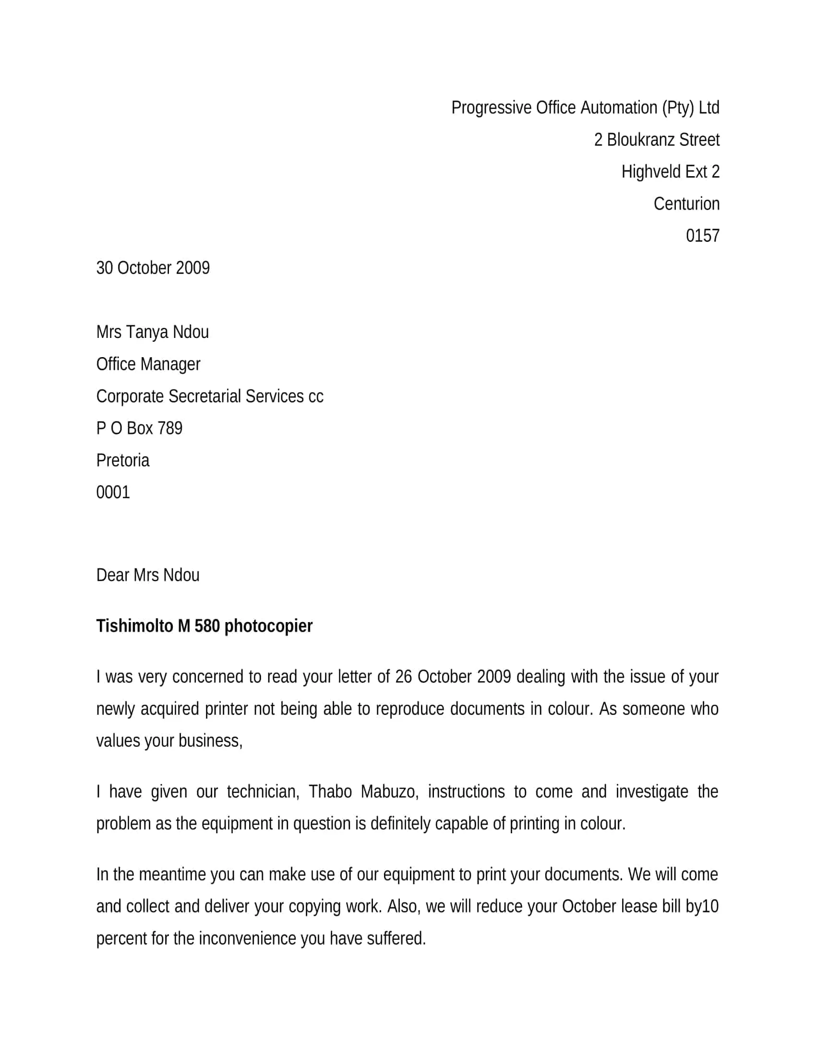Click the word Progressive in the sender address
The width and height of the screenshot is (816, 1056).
[x=491, y=108]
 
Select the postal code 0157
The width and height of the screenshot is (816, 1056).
[x=702, y=236]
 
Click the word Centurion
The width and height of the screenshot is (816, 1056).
[x=686, y=204]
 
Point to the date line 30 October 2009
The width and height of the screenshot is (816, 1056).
[x=153, y=268]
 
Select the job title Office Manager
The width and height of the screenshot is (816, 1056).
[x=148, y=364]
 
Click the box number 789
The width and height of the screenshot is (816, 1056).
[x=169, y=428]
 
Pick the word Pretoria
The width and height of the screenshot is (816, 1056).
[x=123, y=460]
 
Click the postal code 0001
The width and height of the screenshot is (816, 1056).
[x=113, y=492]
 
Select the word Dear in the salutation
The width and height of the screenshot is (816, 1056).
[x=113, y=575]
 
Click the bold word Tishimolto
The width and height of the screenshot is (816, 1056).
[x=134, y=625]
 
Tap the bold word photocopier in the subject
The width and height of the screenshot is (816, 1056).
[x=268, y=626]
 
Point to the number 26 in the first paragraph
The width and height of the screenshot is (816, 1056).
[x=403, y=676]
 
